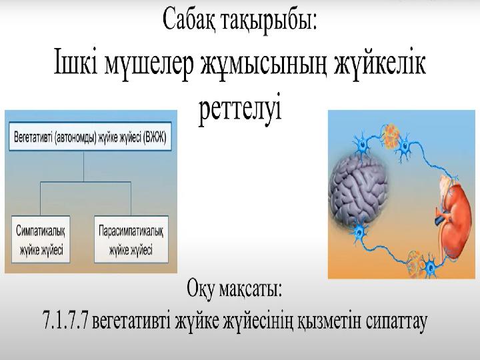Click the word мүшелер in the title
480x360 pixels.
(x=149, y=64)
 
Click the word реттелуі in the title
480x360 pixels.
(x=240, y=109)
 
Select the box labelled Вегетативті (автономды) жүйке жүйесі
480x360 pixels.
(x=90, y=137)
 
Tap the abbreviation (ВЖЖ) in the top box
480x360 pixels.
(x=156, y=137)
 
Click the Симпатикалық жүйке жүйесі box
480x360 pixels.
(x=41, y=239)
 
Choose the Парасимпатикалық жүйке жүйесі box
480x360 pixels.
(x=131, y=239)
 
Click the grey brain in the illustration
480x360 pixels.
(x=359, y=193)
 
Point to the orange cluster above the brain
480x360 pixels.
(x=390, y=135)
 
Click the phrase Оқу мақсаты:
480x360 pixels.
(x=234, y=289)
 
